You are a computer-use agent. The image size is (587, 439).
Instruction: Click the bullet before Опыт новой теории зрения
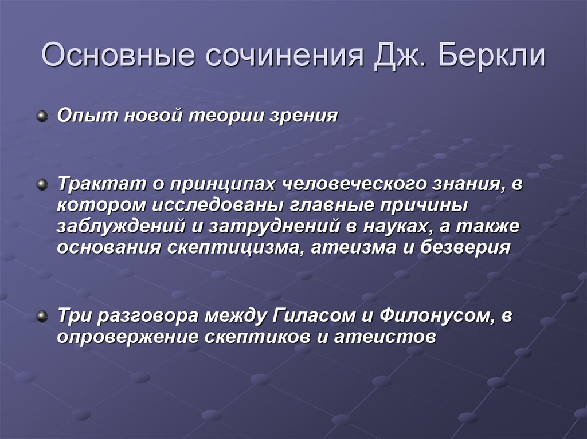42,116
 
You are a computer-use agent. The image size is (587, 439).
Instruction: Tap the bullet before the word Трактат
42,184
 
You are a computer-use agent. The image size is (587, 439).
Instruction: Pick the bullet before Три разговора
42,316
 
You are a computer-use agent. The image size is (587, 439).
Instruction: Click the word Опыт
79,116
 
